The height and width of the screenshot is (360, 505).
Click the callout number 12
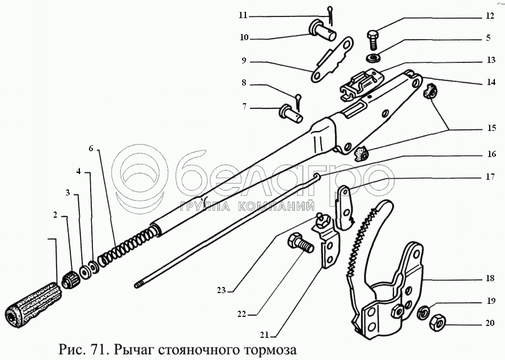[490, 17]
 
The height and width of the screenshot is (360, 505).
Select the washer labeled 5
[374, 58]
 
